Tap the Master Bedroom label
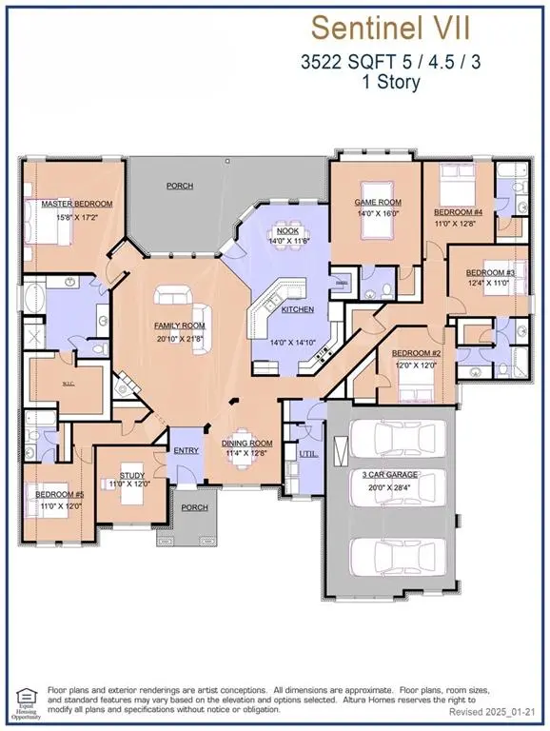(x=76, y=204)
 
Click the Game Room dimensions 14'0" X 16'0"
(x=378, y=214)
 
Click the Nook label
(x=285, y=231)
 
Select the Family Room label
(x=180, y=326)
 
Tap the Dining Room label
(x=246, y=443)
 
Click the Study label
(x=130, y=475)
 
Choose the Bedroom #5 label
(x=60, y=495)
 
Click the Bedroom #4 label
(x=459, y=211)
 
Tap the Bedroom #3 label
(x=491, y=272)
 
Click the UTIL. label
(x=308, y=455)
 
